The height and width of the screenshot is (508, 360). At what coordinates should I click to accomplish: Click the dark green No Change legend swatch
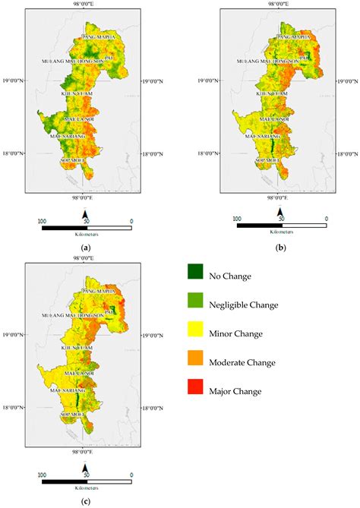pos(196,276)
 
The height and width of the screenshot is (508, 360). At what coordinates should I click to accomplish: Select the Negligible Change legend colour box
pos(196,304)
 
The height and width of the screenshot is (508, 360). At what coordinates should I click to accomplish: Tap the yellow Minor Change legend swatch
pos(196,333)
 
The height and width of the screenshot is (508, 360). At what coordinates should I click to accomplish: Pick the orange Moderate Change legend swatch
pos(196,361)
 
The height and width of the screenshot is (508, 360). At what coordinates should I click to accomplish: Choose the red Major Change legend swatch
pos(196,390)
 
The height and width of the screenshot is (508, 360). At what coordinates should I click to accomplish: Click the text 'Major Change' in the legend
pos(236,391)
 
